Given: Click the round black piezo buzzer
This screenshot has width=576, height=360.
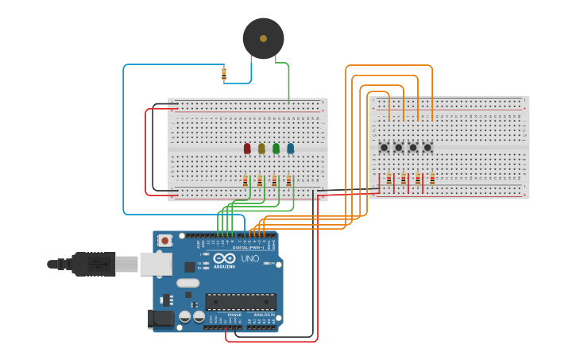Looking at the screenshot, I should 263,38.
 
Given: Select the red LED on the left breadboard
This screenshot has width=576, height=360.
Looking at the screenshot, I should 247,148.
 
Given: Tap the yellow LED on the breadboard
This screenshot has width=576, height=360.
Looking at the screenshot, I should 261,148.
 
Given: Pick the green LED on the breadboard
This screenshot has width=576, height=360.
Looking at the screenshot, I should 276,148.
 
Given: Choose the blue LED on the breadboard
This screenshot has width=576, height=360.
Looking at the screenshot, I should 290,148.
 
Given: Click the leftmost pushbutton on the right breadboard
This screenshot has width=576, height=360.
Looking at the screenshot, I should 384,147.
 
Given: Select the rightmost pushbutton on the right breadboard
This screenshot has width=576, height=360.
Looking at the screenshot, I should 427,147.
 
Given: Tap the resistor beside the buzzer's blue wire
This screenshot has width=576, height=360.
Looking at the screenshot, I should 224,74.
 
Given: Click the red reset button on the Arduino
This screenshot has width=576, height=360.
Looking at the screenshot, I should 165,240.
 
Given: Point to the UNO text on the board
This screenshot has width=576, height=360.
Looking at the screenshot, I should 250,258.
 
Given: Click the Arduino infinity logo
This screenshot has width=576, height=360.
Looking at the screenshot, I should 223,258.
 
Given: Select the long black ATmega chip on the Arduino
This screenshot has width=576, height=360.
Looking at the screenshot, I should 241,302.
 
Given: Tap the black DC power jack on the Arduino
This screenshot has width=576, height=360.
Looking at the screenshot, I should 160,319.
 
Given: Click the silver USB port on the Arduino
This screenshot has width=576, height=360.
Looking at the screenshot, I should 156,264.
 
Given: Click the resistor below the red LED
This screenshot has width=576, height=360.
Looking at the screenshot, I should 245,180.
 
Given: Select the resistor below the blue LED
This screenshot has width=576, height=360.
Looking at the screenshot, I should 289,180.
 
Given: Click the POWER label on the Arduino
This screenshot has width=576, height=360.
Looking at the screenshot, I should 234,315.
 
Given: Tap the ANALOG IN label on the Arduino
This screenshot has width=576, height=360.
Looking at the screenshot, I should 264,315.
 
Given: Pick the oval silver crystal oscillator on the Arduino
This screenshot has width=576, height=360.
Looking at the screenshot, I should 187,283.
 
